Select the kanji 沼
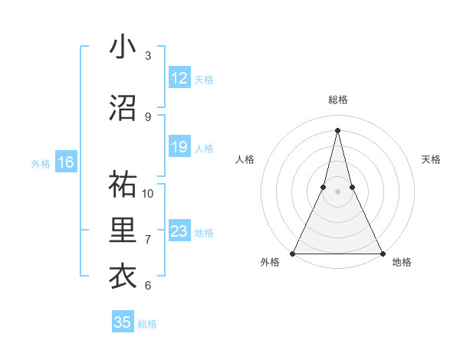pyautogui.click(x=123, y=108)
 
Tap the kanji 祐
pyautogui.click(x=123, y=185)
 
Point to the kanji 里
pyautogui.click(x=123, y=231)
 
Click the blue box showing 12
pyautogui.click(x=179, y=78)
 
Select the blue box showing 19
pyautogui.click(x=179, y=147)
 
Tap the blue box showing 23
pyautogui.click(x=179, y=231)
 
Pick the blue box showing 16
pyautogui.click(x=66, y=162)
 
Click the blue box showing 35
pyautogui.click(x=123, y=322)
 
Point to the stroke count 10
pyautogui.click(x=148, y=193)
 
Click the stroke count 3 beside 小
pyautogui.click(x=148, y=55)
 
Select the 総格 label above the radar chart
pyautogui.click(x=337, y=100)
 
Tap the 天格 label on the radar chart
pyautogui.click(x=432, y=159)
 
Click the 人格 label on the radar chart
pyautogui.click(x=245, y=159)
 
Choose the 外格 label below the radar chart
pyautogui.click(x=269, y=263)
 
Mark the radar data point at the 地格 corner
pyautogui.click(x=382, y=253)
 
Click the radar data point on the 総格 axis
pyautogui.click(x=337, y=130)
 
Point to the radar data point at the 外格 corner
pyautogui.click(x=293, y=253)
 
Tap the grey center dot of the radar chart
pyautogui.click(x=337, y=191)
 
